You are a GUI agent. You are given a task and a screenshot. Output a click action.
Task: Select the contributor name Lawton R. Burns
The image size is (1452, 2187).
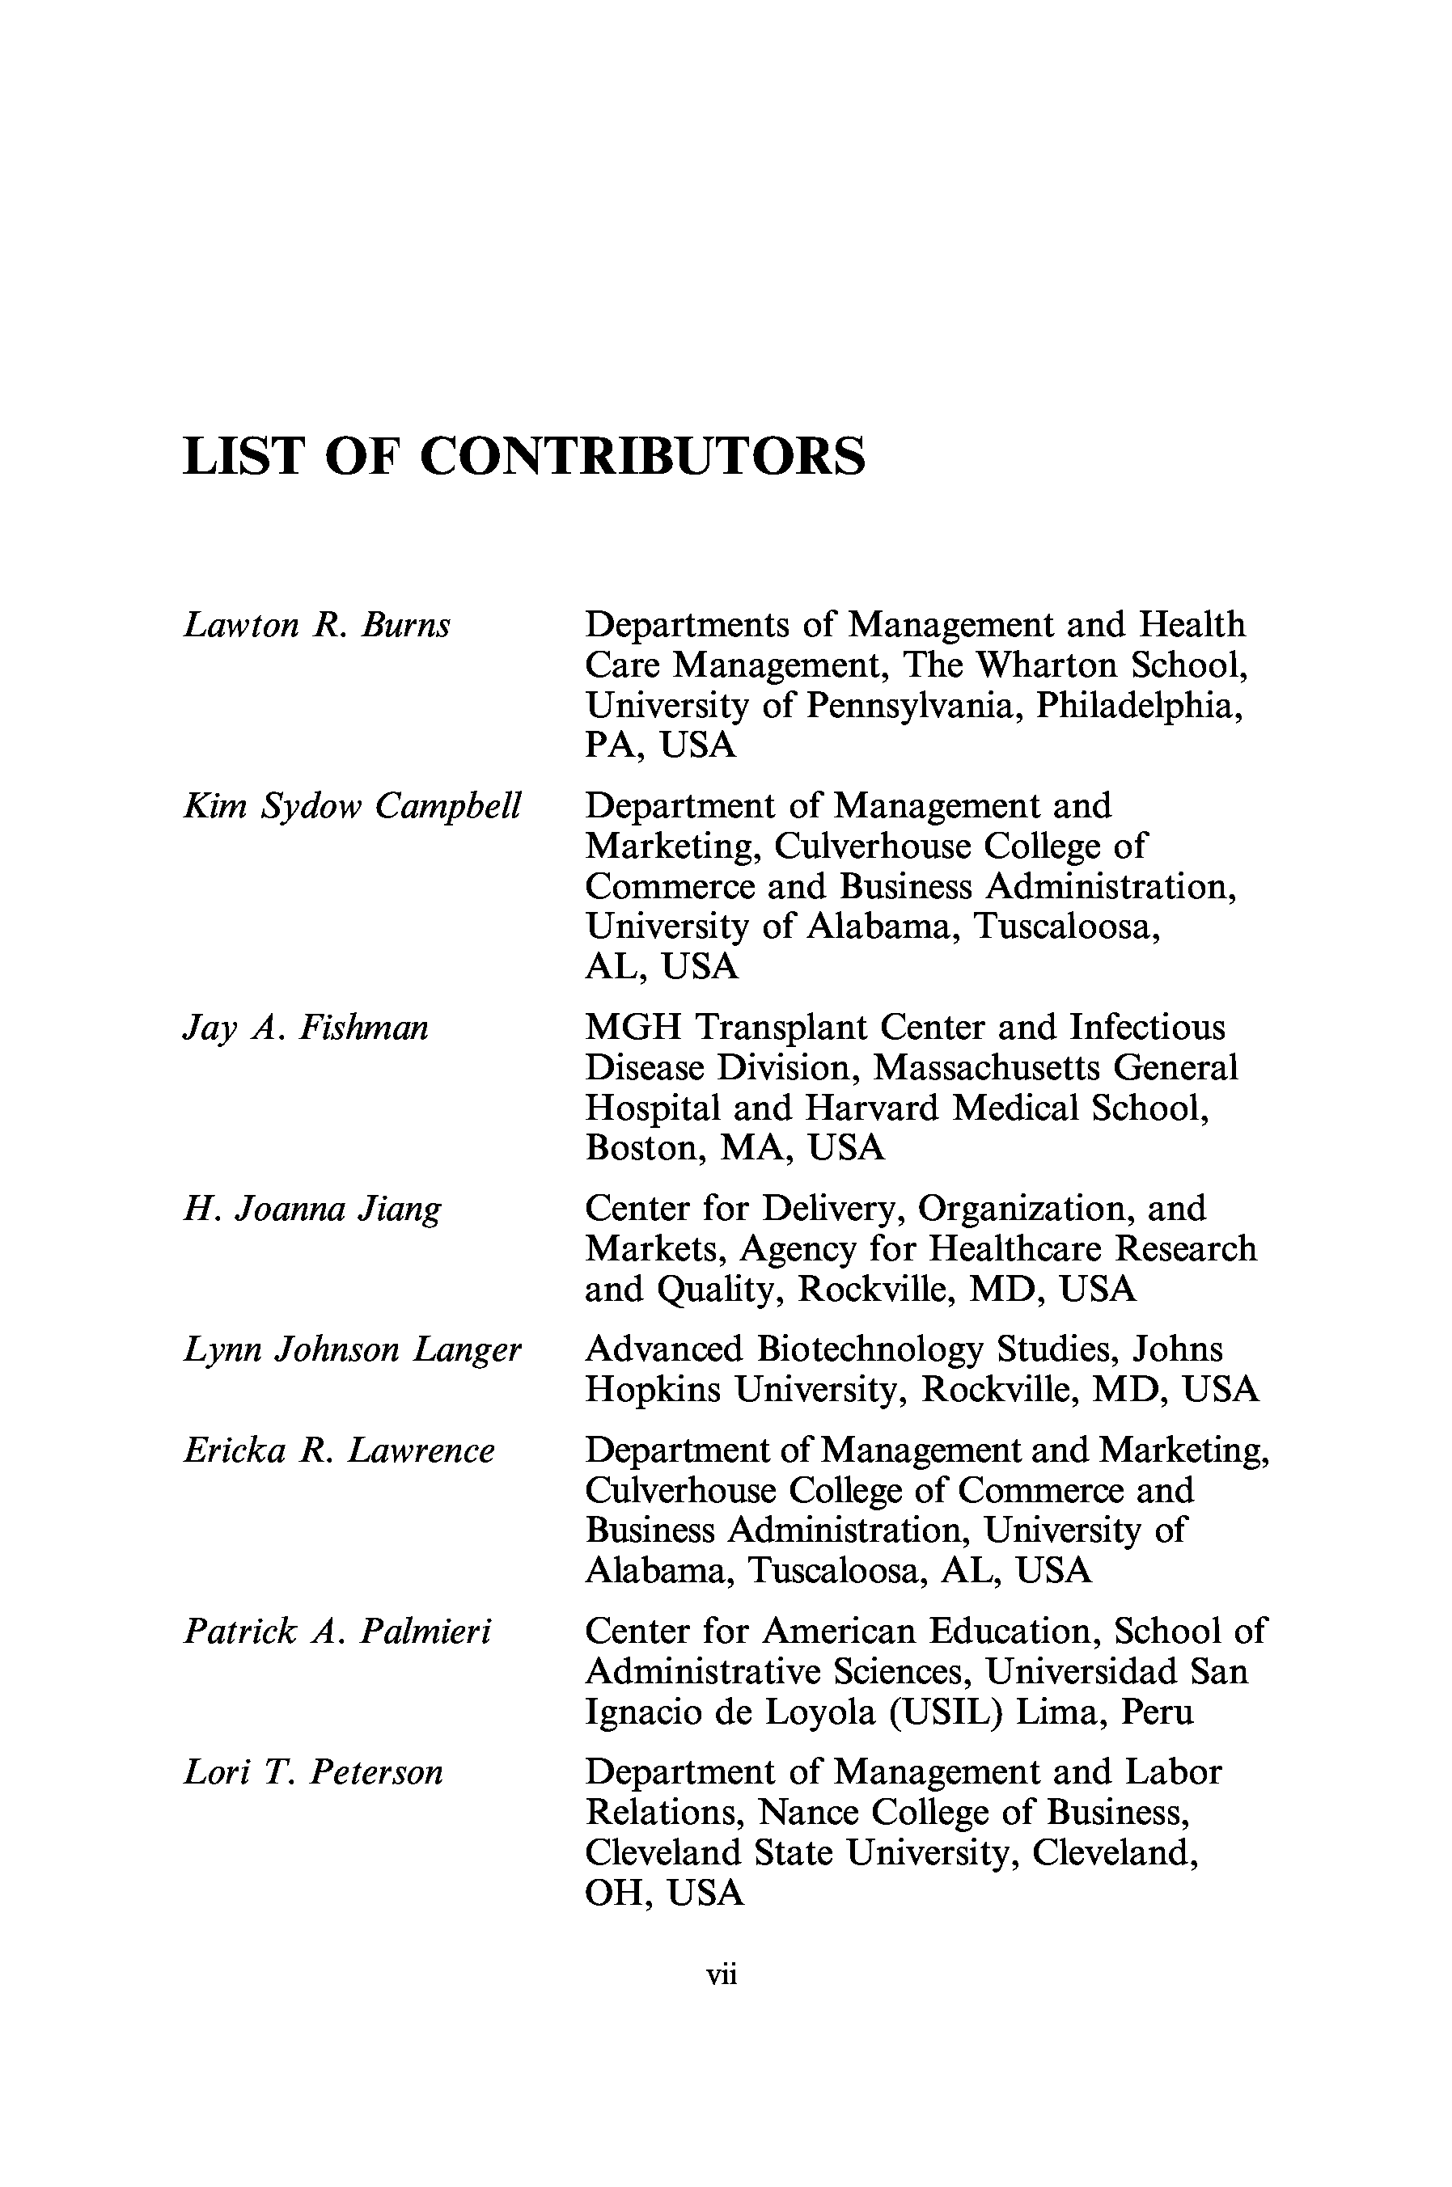point(317,626)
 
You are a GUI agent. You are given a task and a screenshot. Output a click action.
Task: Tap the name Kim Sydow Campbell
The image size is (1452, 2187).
point(353,806)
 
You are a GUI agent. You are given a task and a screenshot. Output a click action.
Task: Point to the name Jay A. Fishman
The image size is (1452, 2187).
point(306,1028)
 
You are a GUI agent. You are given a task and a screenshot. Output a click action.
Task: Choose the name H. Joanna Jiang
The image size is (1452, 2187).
point(312,1210)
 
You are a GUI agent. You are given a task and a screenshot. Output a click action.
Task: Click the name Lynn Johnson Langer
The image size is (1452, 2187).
point(353,1349)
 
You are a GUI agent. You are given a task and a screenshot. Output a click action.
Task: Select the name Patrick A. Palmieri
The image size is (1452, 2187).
point(337,1631)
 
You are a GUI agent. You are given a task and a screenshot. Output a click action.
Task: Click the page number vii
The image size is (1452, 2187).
point(722,1974)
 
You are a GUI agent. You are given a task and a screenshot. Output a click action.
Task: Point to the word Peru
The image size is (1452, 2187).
point(1158,1712)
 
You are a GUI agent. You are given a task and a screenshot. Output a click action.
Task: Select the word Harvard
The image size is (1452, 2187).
point(871,1108)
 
